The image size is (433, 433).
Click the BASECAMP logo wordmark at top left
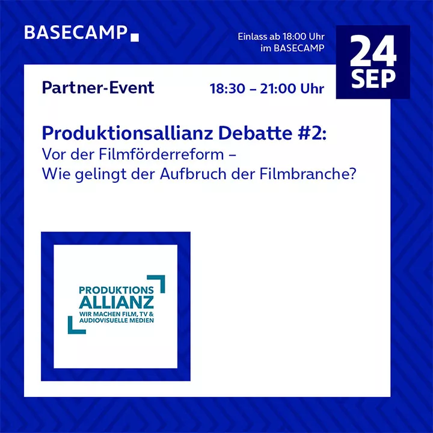pos(76,32)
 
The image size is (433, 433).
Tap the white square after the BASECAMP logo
pos(135,37)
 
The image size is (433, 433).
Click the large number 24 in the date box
pos(373,51)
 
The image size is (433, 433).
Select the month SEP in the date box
pos(373,79)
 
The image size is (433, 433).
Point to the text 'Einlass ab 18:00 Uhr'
pos(281,37)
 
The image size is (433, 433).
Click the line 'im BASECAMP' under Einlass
pos(292,48)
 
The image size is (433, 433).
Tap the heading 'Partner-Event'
pos(98,88)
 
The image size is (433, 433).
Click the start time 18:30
pos(227,88)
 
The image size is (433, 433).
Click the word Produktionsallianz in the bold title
pos(127,134)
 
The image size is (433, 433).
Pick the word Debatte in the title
pos(255,134)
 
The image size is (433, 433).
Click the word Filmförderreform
pos(161,154)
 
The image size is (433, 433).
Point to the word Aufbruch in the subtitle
pos(193,174)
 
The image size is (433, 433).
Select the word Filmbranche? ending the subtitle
pos(308,174)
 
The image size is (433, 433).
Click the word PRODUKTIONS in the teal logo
pos(116,290)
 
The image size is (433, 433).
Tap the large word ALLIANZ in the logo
pos(116,302)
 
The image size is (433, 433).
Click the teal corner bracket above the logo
pos(160,280)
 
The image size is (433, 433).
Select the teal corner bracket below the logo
pos(72,329)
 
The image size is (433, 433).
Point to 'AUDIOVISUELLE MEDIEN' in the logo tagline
pos(117,321)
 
